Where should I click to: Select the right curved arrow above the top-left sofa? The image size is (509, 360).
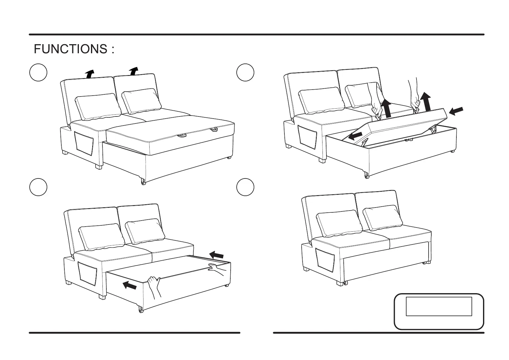(x=133, y=71)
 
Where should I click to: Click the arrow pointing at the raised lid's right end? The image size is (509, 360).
(x=456, y=111)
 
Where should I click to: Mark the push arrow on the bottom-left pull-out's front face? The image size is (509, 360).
(x=130, y=285)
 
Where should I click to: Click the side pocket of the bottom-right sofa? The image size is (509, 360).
(x=325, y=259)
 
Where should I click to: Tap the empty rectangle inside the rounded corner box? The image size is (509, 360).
(x=439, y=306)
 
